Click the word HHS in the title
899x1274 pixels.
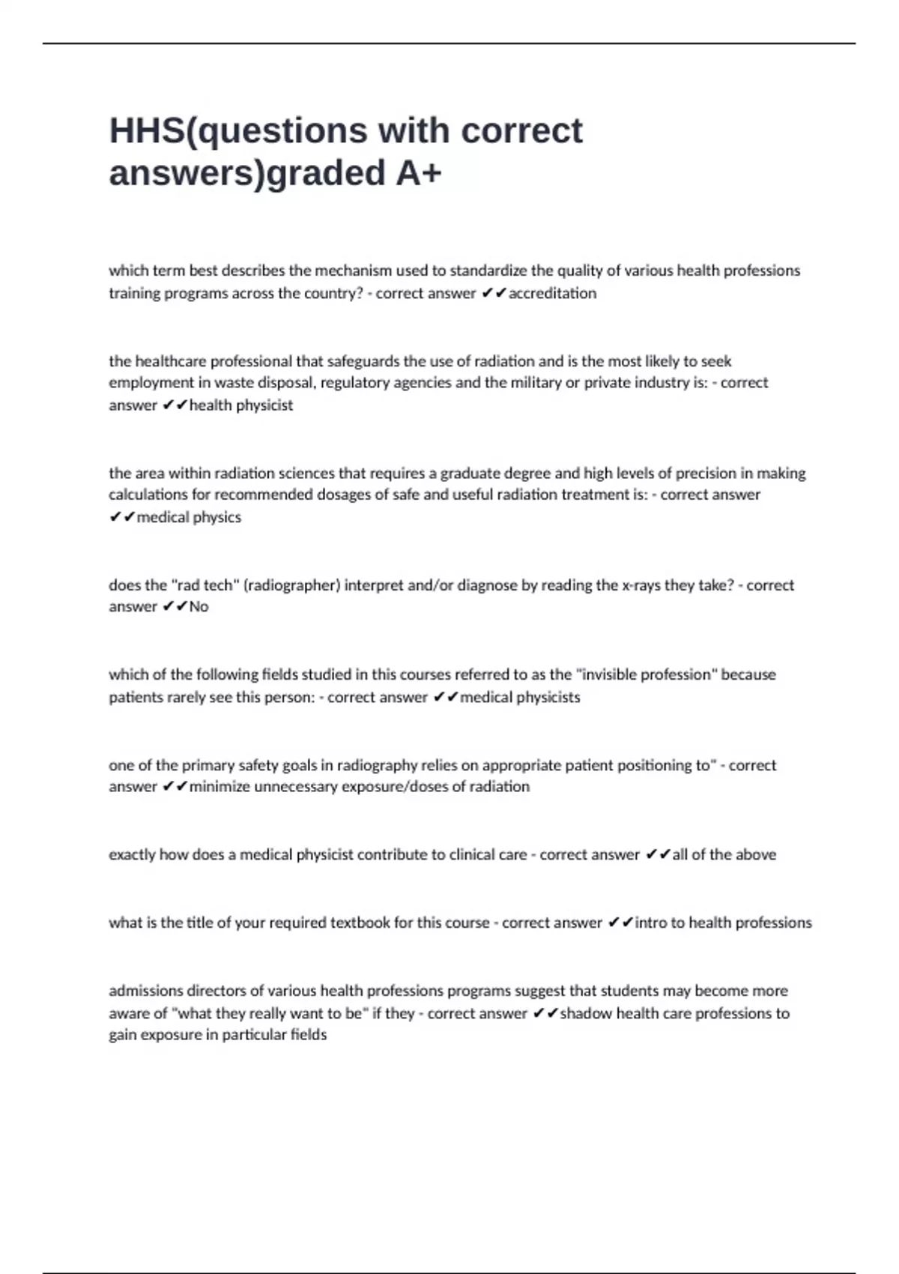146,131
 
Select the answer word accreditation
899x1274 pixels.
552,293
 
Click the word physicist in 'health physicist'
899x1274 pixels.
264,405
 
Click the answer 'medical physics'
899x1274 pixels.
189,517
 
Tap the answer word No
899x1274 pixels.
199,607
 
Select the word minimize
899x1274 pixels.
220,787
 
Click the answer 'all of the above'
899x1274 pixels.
724,855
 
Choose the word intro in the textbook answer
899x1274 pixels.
650,923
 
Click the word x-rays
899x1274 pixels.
641,585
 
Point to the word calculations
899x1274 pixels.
147,495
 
